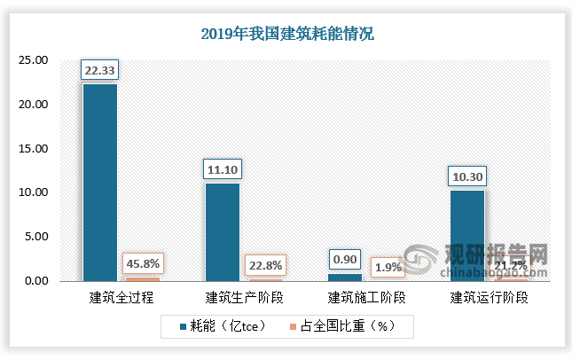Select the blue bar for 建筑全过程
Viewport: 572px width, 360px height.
(x=99, y=182)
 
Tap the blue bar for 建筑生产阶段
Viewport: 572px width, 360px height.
(x=222, y=231)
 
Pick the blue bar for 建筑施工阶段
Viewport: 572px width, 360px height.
(x=344, y=277)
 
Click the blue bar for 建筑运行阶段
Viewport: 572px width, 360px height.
(x=466, y=235)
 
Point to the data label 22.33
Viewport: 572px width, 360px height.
(x=99, y=70)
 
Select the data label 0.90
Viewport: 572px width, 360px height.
(x=344, y=260)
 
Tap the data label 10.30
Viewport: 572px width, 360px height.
(x=466, y=176)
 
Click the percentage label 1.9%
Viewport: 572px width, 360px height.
(x=387, y=266)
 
